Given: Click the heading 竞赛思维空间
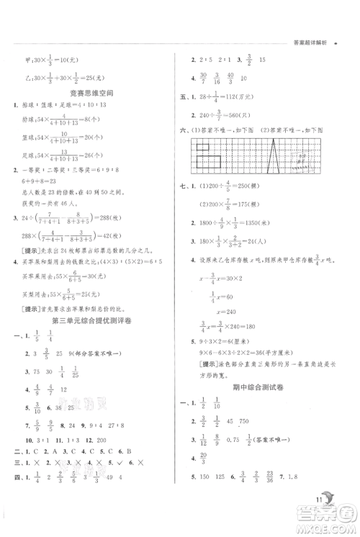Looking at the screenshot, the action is click(x=91, y=91).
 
